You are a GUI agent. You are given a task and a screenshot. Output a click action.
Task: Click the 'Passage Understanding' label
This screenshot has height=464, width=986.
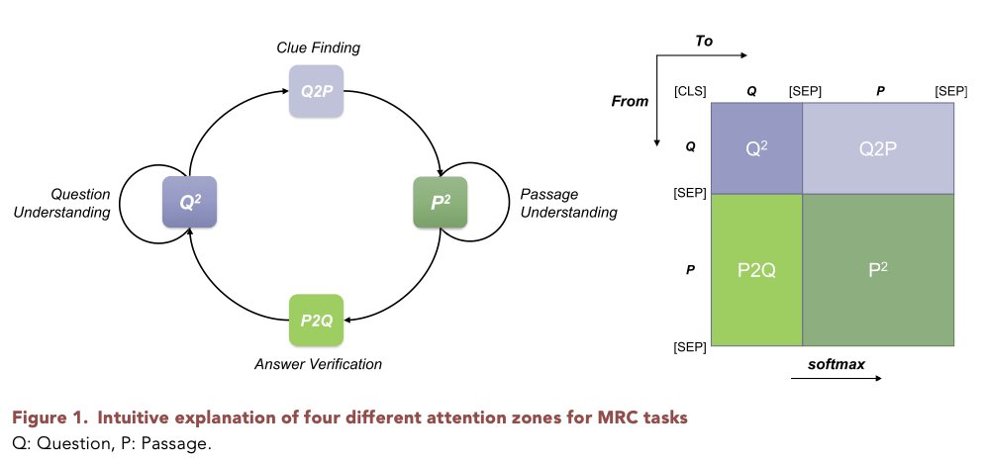point(567,204)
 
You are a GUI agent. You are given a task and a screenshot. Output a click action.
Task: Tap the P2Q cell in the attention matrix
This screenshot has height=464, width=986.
point(755,270)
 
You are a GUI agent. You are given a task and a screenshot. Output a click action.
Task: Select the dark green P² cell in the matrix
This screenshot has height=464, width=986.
point(877,270)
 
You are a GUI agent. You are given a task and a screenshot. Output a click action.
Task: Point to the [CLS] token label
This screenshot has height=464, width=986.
point(689,91)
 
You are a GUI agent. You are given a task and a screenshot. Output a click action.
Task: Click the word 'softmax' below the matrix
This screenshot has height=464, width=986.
point(837,364)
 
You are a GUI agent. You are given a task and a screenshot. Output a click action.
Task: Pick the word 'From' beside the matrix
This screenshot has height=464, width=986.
point(631,101)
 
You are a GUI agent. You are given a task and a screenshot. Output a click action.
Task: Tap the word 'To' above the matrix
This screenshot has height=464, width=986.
point(704,42)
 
